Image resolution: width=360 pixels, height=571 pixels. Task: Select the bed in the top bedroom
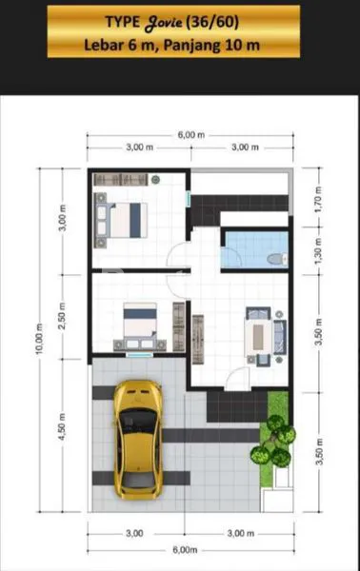pyautogui.click(x=126, y=218)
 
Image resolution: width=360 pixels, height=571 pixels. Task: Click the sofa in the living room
pyautogui.click(x=278, y=334)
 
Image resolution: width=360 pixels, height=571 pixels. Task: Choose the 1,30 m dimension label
pyautogui.click(x=318, y=252)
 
